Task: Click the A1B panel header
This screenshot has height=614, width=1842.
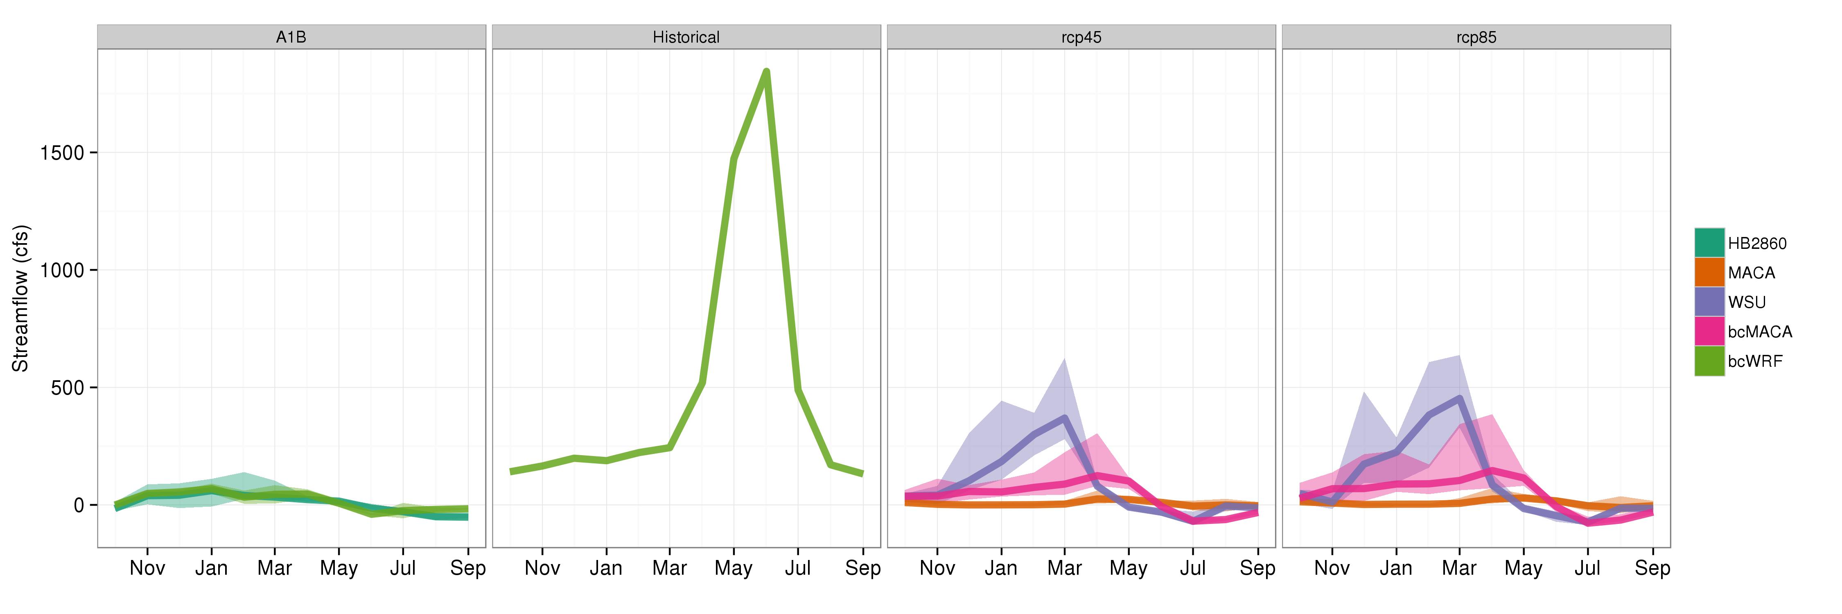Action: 291,37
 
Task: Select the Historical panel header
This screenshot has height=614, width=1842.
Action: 686,37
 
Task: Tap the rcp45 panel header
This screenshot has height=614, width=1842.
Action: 1081,37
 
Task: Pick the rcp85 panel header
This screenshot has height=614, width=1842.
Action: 1476,37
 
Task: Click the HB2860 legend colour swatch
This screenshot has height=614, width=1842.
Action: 1709,243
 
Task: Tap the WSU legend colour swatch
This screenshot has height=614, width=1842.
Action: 1709,302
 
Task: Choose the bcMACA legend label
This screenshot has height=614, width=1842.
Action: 1760,332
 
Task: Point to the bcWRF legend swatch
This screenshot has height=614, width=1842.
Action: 1709,361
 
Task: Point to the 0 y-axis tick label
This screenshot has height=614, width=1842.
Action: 79,506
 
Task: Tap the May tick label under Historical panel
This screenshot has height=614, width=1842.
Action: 734,568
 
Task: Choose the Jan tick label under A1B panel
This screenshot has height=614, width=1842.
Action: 212,568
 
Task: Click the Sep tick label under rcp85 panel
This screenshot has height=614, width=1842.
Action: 1652,568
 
